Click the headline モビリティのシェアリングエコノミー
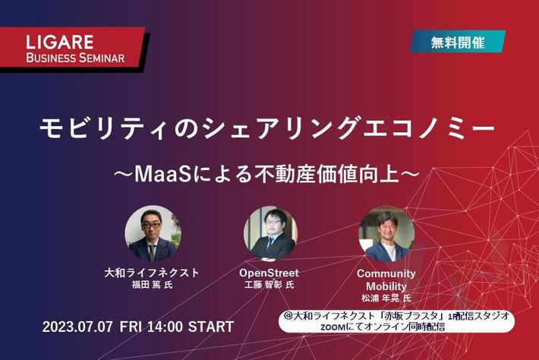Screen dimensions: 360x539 [x=268, y=128]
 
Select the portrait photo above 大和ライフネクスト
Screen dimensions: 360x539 [x=152, y=233]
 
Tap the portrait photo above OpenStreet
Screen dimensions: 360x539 [x=269, y=233]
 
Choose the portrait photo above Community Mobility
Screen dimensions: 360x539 [x=386, y=233]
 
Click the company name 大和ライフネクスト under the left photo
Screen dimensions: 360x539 [x=152, y=272]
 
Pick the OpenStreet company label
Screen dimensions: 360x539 [x=269, y=272]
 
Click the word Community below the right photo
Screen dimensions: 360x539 [x=386, y=273]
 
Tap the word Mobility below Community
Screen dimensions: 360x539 [x=386, y=286]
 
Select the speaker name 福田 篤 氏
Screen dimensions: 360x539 [x=152, y=285]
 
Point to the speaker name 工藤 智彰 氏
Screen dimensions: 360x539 [x=269, y=285]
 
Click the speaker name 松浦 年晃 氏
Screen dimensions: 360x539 [x=386, y=298]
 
